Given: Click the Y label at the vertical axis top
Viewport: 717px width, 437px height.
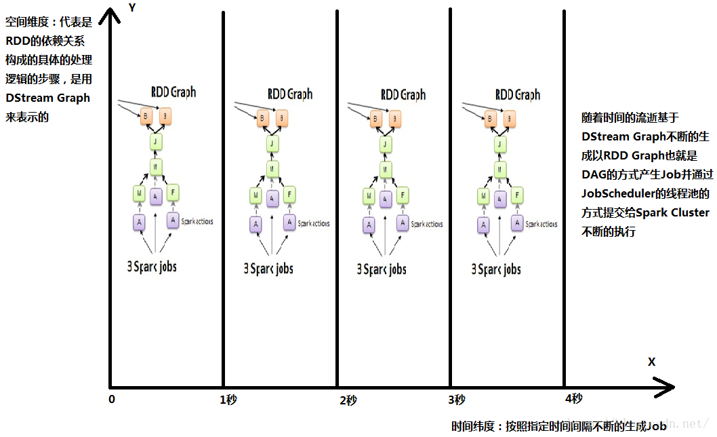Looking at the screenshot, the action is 133,8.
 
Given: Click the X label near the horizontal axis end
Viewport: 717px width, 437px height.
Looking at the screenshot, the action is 651,362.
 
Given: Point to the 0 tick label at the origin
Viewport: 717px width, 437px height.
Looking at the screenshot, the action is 112,399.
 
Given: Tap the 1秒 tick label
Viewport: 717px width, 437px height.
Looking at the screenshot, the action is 228,400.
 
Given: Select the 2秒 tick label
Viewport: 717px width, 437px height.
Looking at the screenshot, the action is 348,400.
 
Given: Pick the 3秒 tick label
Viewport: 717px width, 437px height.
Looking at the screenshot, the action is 456,400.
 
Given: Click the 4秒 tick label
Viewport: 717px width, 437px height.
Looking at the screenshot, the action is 573,399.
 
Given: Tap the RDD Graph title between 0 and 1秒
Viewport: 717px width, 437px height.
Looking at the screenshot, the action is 173,92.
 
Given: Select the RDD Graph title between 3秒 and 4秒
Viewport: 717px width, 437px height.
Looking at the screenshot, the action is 518,94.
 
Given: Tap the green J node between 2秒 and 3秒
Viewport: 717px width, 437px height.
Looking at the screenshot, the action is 386,144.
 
